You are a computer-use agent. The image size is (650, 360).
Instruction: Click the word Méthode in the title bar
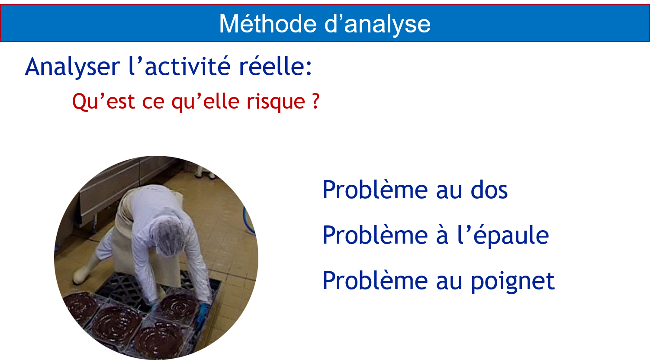click(267, 24)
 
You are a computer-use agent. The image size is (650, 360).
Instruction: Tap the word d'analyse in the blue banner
click(377, 24)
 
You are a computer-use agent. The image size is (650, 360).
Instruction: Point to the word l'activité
click(179, 66)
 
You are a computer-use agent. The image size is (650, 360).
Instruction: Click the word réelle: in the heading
click(275, 66)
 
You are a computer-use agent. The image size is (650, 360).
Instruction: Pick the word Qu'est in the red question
click(103, 102)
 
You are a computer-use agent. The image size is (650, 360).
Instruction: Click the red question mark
click(316, 101)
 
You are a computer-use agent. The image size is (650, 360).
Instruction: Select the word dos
click(489, 190)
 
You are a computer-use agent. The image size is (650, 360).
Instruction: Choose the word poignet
click(512, 281)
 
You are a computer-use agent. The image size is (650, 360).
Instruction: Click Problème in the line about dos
click(375, 190)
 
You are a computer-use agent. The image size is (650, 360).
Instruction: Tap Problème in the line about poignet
click(375, 280)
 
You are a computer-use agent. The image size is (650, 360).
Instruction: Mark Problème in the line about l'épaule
click(375, 235)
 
